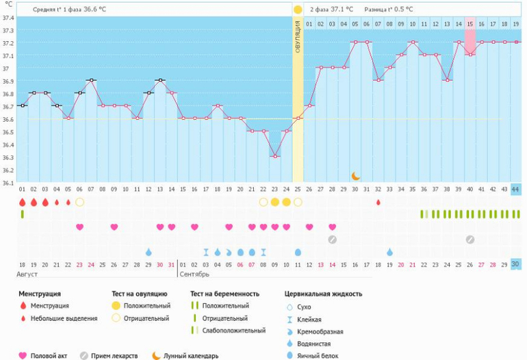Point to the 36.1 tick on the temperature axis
pos(8,183)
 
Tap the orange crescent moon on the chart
pos(355,176)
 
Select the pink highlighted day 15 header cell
pos(470,24)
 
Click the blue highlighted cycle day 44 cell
pos(515,189)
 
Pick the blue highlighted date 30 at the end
pos(515,264)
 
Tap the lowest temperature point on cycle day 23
pos(274,157)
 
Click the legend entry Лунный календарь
pos(195,355)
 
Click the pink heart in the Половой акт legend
pos(23,355)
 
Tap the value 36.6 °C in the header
pos(95,10)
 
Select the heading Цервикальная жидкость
pos(323,294)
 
